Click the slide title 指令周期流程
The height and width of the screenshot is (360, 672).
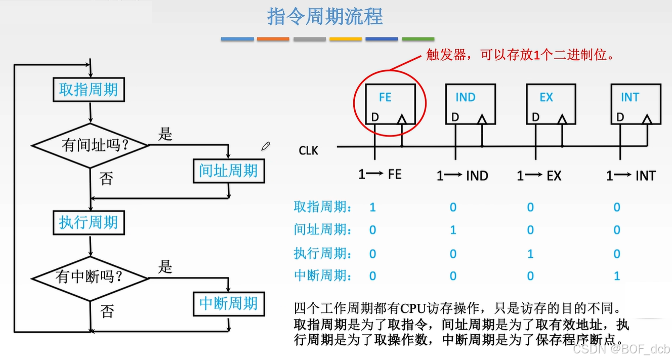tap(325, 17)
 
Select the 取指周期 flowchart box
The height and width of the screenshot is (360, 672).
tap(89, 90)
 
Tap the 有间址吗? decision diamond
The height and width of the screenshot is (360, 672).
tap(91, 146)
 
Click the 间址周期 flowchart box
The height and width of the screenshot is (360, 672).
tap(229, 171)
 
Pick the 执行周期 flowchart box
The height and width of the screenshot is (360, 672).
tap(89, 222)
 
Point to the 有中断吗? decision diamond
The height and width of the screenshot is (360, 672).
tap(90, 277)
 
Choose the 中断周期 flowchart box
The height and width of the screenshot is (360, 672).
tap(229, 303)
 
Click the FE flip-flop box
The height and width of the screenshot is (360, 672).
tap(391, 104)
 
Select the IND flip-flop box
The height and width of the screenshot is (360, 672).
tap(470, 104)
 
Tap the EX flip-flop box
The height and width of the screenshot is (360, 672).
tap(551, 104)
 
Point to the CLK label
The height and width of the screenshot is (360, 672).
tap(309, 150)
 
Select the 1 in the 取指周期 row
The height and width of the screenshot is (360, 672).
tap(372, 207)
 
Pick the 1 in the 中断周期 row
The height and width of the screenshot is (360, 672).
tap(616, 276)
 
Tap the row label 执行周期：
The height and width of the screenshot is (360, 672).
tap(323, 253)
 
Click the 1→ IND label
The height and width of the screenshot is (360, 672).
tap(462, 176)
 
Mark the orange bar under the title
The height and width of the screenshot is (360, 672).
tap(273, 39)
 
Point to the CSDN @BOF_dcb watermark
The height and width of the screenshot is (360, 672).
tap(621, 349)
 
